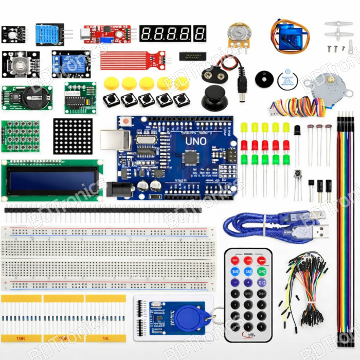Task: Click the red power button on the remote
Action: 235,260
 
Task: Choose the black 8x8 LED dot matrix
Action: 73,136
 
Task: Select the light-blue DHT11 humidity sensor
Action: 49,34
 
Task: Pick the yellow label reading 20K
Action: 63,338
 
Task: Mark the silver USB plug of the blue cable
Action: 320,230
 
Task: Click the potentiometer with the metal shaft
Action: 237,34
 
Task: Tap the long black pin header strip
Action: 103,209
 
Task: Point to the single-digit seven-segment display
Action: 200,33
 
